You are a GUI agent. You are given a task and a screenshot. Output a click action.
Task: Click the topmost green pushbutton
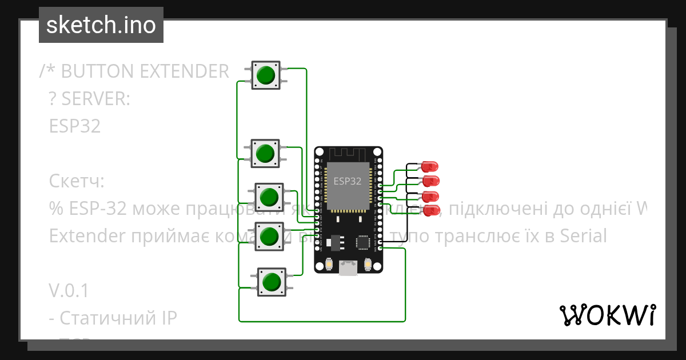(x=266, y=75)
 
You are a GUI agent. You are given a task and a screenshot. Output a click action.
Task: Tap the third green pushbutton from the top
(x=268, y=197)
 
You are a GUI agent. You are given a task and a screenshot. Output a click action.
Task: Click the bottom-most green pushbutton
(x=271, y=281)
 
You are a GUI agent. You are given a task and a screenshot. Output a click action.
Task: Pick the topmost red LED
(x=429, y=167)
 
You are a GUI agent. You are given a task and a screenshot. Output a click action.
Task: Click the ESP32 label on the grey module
(x=348, y=181)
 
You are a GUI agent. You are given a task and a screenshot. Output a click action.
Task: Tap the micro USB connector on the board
(x=348, y=267)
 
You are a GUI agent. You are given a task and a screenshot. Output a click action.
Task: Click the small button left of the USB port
(x=329, y=265)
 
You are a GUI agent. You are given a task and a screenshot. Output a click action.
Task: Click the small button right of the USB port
(x=368, y=265)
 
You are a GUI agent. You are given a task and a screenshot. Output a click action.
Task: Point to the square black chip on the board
(x=363, y=242)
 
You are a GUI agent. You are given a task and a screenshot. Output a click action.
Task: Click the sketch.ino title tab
(x=101, y=25)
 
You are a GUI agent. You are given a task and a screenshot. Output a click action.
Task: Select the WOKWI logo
(x=607, y=315)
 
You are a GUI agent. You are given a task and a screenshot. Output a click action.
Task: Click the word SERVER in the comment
(x=96, y=99)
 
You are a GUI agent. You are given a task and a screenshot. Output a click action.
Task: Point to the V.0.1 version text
(x=69, y=291)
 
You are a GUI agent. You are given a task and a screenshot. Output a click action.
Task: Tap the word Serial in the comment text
(x=578, y=235)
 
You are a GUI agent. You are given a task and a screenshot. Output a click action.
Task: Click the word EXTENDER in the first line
(x=184, y=71)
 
